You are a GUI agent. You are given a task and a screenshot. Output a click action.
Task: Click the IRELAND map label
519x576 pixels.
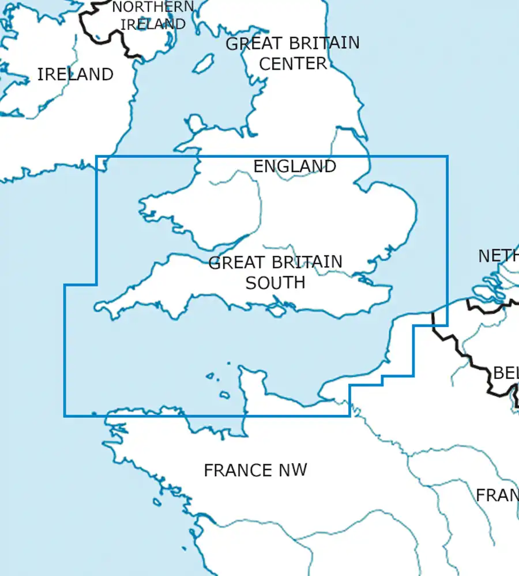click(x=75, y=74)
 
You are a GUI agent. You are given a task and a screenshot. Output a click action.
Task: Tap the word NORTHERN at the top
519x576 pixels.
click(x=153, y=7)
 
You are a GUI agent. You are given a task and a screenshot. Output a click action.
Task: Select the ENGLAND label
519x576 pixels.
click(x=295, y=166)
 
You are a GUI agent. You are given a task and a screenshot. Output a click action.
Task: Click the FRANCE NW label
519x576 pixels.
click(x=255, y=470)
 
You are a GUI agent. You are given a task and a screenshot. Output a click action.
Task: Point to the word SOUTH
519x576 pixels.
click(x=275, y=283)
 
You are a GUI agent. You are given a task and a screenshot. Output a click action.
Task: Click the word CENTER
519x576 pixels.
click(x=292, y=63)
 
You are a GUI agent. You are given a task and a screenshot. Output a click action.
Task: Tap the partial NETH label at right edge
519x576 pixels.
click(x=498, y=256)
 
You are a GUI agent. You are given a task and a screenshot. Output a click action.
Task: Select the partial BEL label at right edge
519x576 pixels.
click(x=505, y=373)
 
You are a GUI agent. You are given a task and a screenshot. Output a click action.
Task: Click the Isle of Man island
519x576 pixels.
click(x=202, y=64)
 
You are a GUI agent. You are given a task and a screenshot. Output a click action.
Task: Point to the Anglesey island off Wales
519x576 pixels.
click(x=196, y=123)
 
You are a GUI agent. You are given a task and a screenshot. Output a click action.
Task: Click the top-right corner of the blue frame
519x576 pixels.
click(x=447, y=156)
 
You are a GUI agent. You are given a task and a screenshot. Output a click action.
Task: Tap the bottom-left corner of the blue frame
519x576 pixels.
click(x=65, y=415)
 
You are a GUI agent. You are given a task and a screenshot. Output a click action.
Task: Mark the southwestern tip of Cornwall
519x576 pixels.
click(x=98, y=307)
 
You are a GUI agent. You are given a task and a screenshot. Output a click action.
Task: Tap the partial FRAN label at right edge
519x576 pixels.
click(x=497, y=495)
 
